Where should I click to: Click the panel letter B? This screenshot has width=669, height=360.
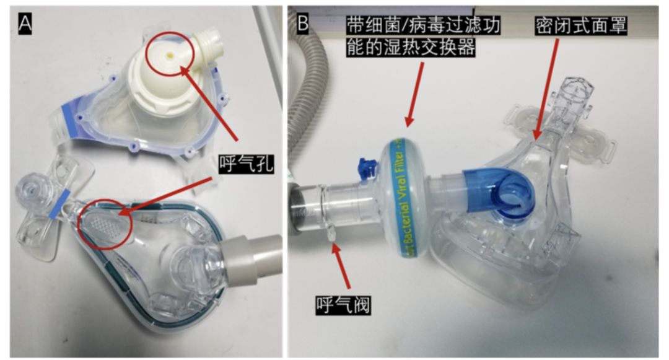(x=304, y=23)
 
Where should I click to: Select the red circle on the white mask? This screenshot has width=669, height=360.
(x=170, y=56)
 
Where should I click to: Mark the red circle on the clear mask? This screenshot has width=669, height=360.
(x=106, y=223)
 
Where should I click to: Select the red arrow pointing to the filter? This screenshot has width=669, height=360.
(x=416, y=93)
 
